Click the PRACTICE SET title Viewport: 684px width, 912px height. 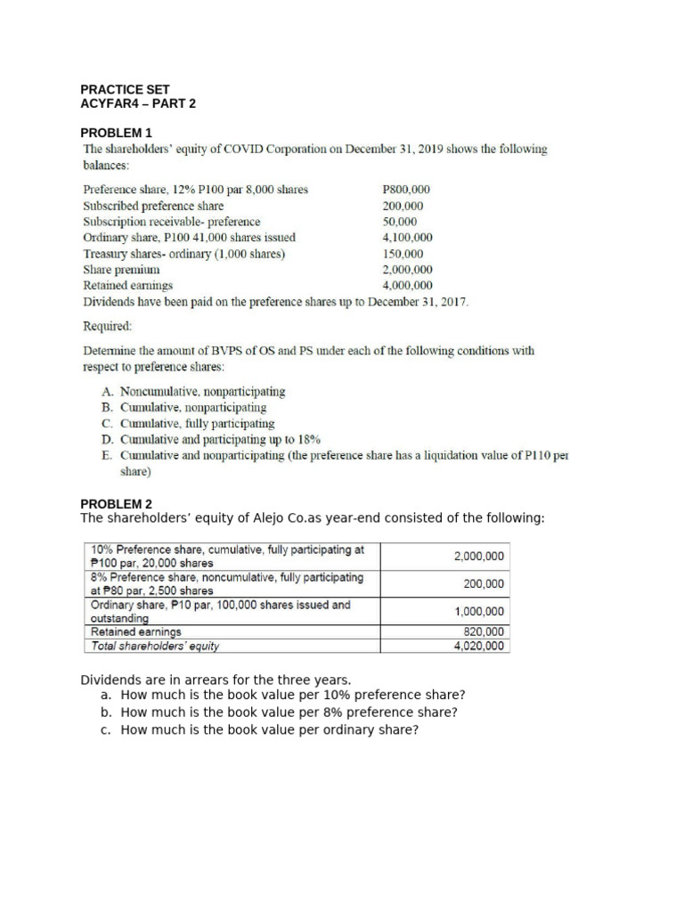[x=125, y=89]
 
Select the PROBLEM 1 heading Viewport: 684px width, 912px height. [x=118, y=132]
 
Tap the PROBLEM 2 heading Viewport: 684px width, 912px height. [x=118, y=503]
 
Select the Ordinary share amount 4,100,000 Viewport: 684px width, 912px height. [x=407, y=237]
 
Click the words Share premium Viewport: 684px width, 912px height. [x=121, y=269]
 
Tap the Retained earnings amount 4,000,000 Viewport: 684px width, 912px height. [x=407, y=285]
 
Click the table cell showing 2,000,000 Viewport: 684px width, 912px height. [x=478, y=556]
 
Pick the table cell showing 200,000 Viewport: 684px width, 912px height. [x=484, y=583]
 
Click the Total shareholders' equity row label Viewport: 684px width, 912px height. [x=155, y=646]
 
